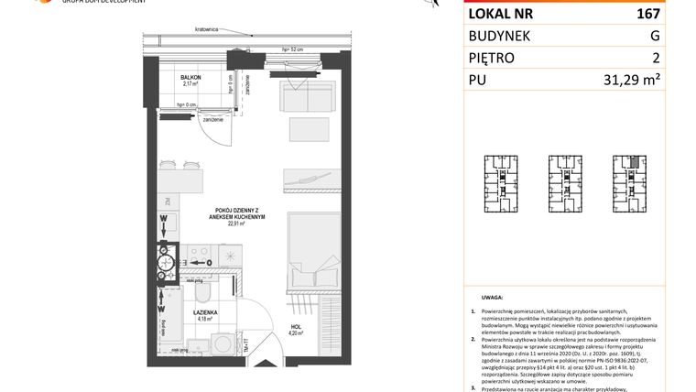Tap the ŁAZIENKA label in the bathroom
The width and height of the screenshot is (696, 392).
[204, 312]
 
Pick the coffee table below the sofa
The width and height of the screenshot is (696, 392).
[309, 129]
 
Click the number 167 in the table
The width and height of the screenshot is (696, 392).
[647, 14]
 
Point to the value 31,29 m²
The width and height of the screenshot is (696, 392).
[632, 80]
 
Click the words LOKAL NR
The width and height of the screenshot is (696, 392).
[501, 14]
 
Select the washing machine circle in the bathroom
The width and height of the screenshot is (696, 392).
[226, 344]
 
